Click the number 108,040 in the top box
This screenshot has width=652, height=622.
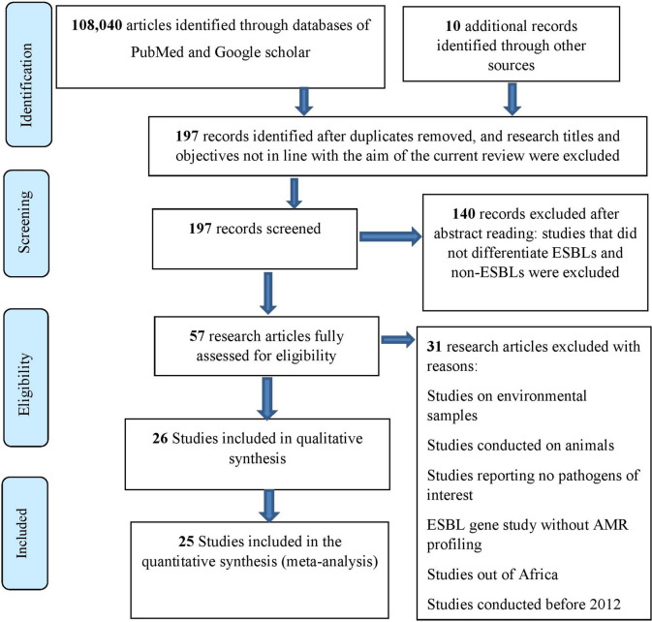pos(97,25)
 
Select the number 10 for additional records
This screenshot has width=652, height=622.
pos(452,26)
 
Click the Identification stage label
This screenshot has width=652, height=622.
pos(25,85)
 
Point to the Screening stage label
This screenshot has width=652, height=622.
pos(24,222)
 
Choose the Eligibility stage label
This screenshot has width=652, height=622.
pos(24,384)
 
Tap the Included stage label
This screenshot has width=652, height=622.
pos(21,533)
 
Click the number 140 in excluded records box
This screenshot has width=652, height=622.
pos(464,214)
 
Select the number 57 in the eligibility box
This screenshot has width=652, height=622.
pos(197,336)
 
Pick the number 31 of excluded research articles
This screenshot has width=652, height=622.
pos(435,346)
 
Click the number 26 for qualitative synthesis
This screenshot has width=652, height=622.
pos(160,438)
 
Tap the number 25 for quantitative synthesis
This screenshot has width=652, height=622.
pos(186,542)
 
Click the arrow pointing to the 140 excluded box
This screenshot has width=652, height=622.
pos(390,236)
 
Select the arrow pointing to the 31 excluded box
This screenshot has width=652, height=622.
pos(398,340)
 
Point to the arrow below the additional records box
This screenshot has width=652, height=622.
pos(512,99)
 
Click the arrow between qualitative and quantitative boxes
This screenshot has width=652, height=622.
pos(269,506)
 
